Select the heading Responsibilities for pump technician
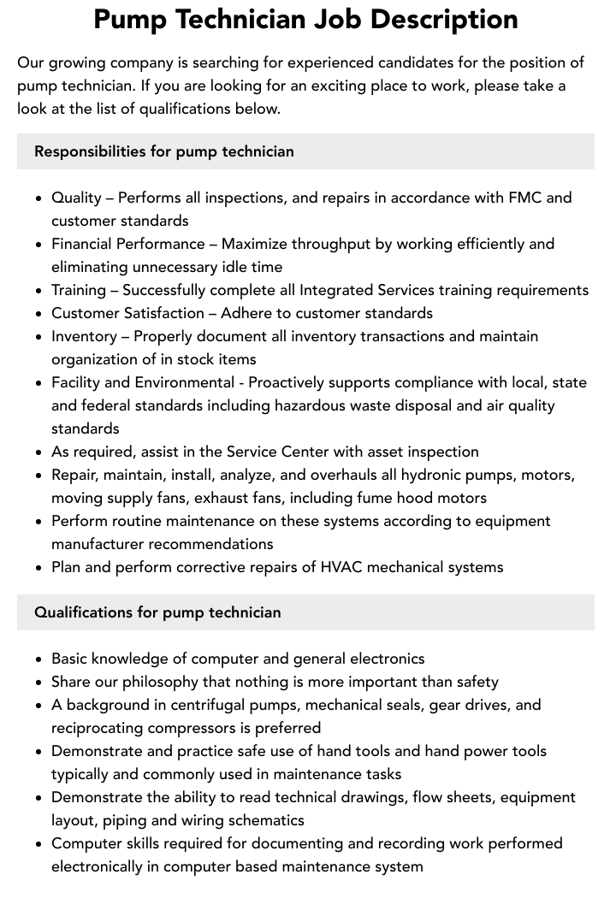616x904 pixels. (x=163, y=151)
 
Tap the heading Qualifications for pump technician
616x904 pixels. (x=157, y=612)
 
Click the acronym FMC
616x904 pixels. (x=525, y=198)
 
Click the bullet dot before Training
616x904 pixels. (x=39, y=291)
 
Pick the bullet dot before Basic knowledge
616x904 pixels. (x=39, y=659)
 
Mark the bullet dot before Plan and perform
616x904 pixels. (x=39, y=568)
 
